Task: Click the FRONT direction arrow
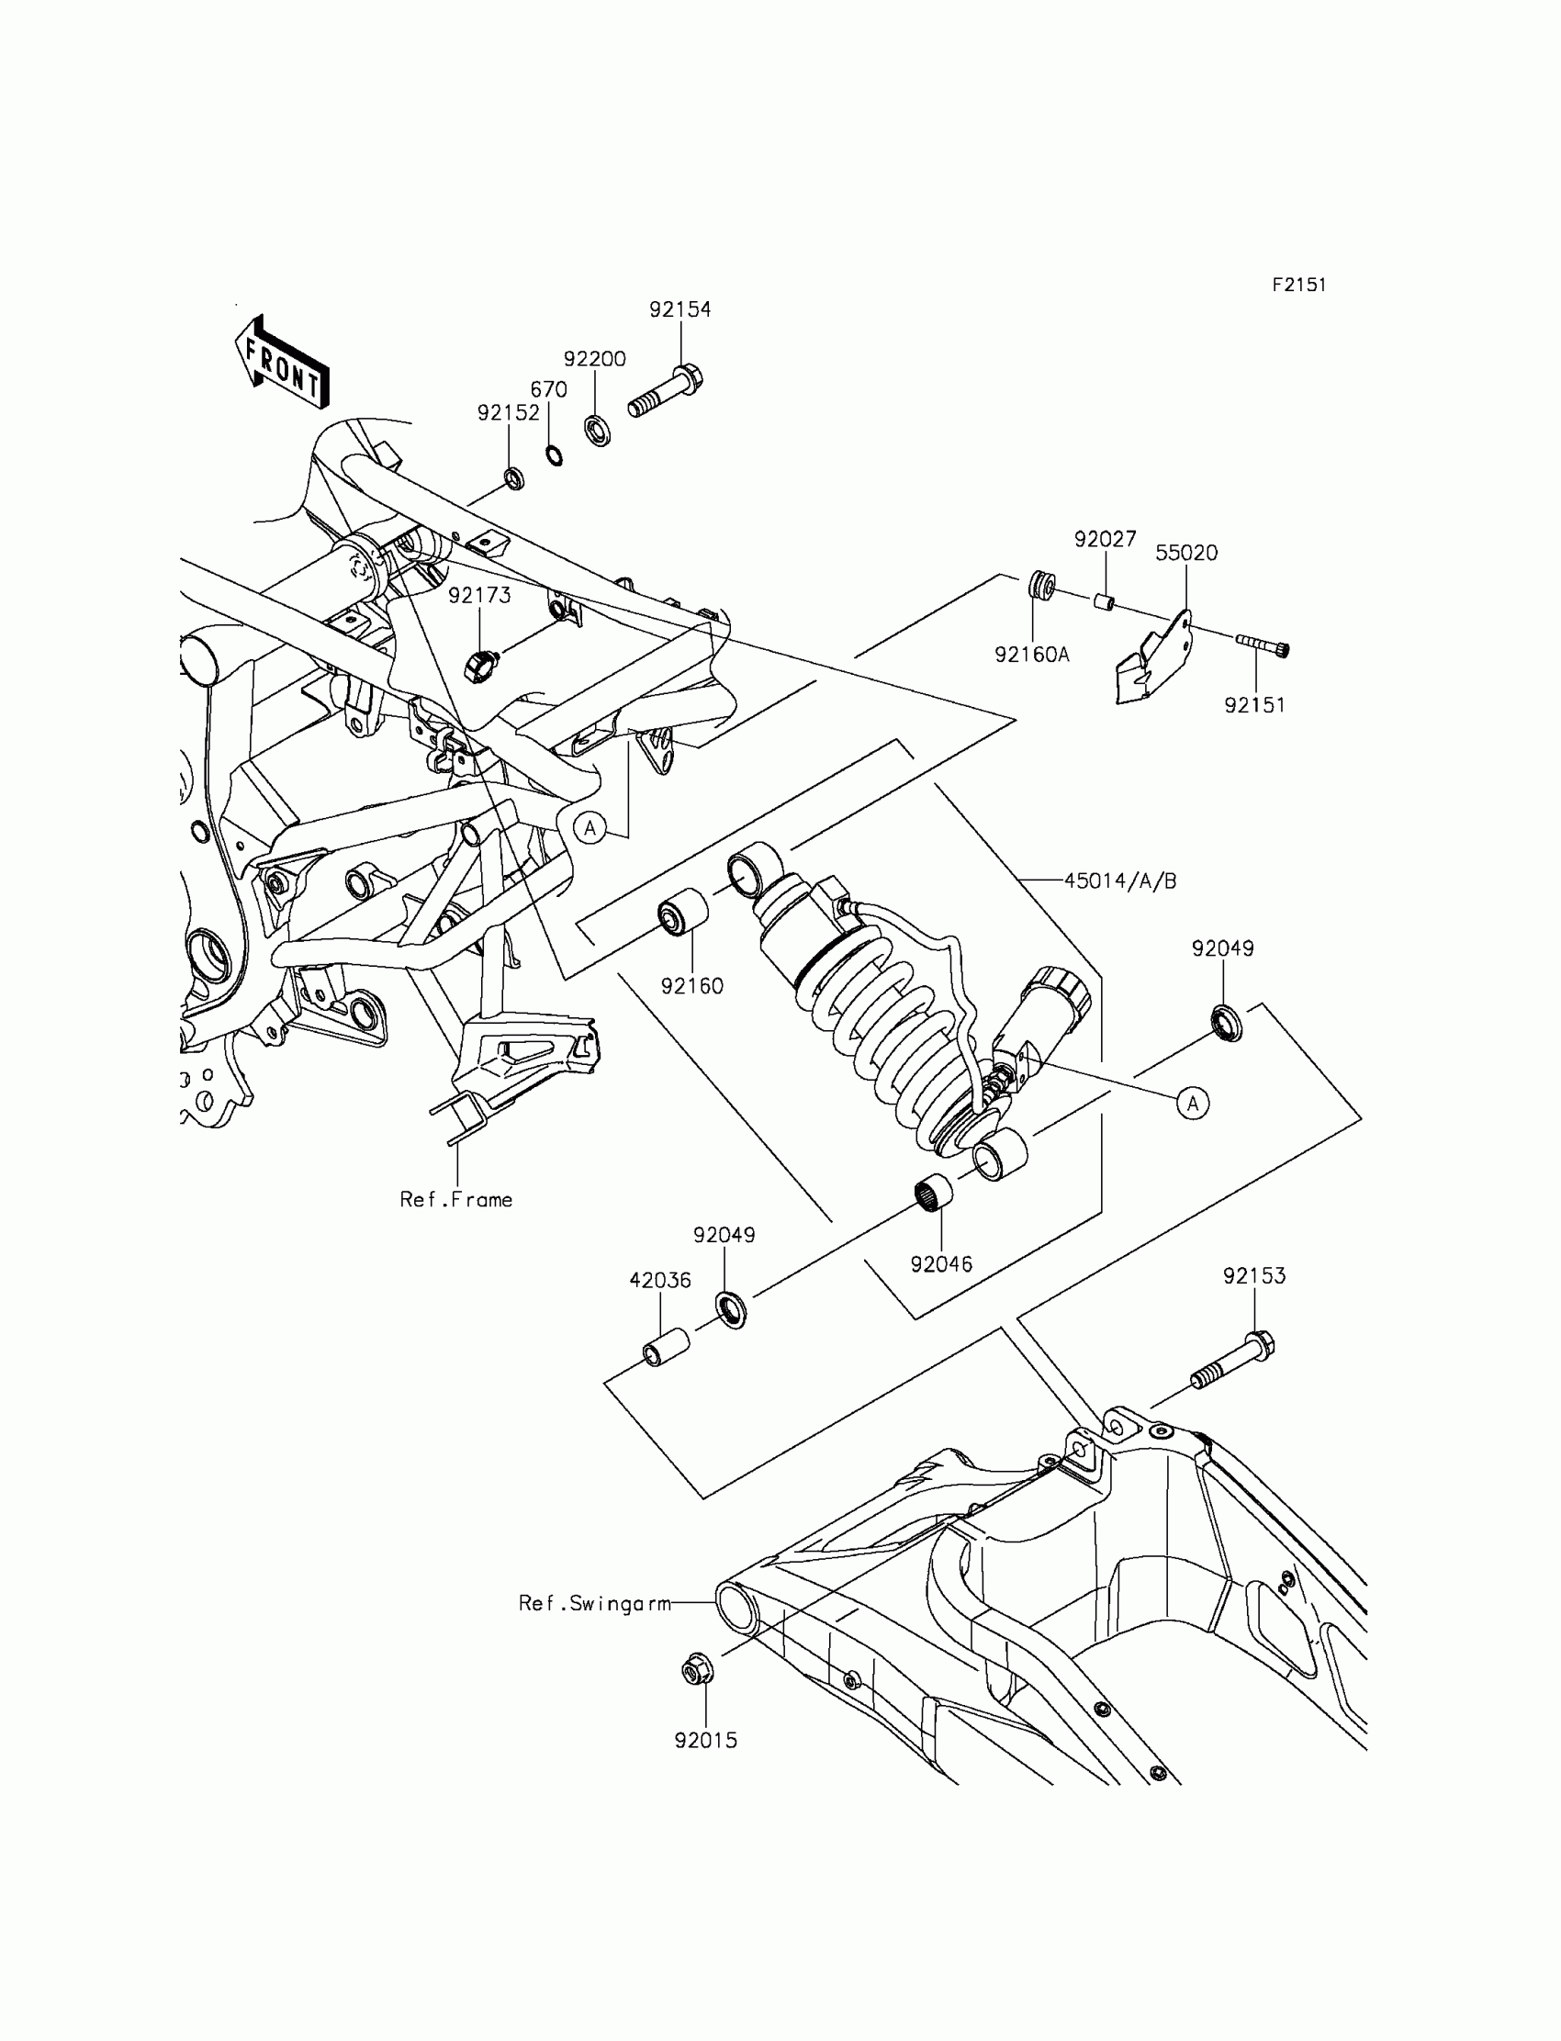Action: tap(282, 364)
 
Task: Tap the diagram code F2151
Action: tap(1299, 286)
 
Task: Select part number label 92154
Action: tap(680, 309)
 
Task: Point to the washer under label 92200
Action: tap(598, 431)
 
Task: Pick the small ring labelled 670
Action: tap(554, 455)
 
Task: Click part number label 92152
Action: tap(509, 412)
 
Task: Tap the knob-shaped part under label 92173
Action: tap(481, 664)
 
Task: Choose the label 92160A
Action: tap(1031, 655)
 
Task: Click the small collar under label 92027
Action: tap(1103, 601)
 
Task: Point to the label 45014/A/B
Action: tap(1119, 880)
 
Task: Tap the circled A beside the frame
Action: tap(590, 827)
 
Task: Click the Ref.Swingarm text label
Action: tap(595, 1603)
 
